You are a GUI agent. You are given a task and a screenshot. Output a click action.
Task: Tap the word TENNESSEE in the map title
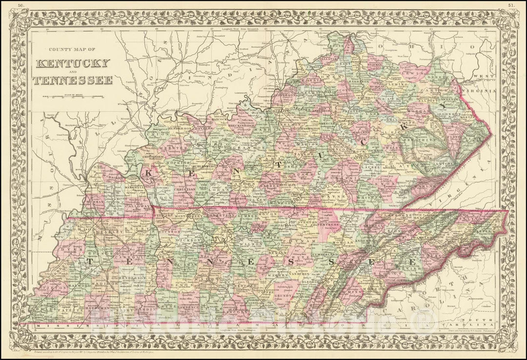pyautogui.click(x=73, y=80)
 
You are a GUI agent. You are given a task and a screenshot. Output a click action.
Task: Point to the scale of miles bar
pyautogui.click(x=73, y=96)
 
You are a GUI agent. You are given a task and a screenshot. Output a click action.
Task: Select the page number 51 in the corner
pyautogui.click(x=510, y=5)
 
